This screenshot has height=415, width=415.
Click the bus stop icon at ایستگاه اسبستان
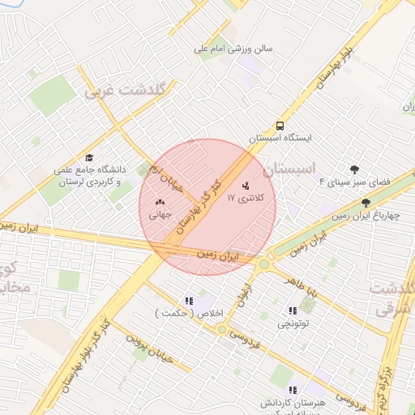(x=280, y=126)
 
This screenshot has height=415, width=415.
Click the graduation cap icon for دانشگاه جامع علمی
(x=89, y=158)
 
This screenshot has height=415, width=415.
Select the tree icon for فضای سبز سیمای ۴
(x=354, y=169)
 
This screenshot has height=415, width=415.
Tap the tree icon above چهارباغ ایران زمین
(x=366, y=203)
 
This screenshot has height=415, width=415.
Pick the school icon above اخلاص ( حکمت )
(x=189, y=301)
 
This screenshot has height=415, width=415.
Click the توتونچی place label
(x=293, y=323)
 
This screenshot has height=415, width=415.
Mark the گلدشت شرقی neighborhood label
(x=393, y=300)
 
